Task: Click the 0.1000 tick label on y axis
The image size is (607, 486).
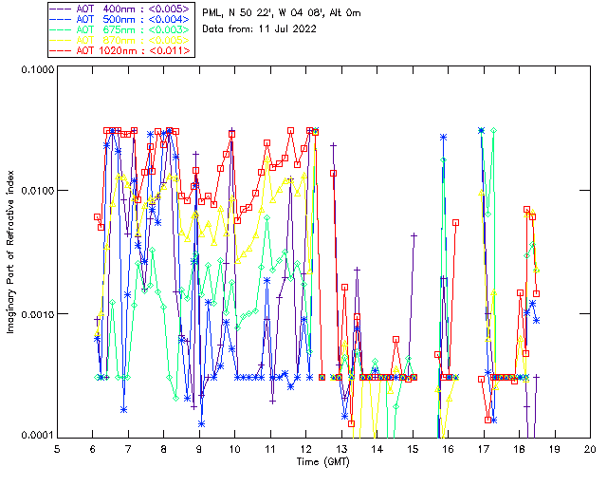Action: [36, 70]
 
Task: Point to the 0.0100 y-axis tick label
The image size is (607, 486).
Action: [36, 192]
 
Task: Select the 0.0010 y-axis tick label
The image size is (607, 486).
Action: [36, 314]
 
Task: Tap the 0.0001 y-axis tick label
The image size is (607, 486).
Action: [36, 436]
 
